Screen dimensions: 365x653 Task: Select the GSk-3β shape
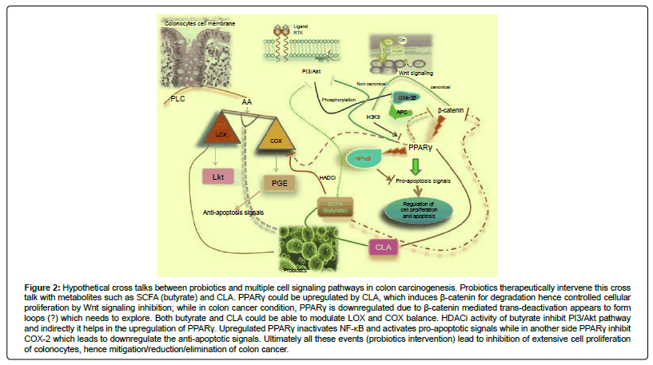(408, 99)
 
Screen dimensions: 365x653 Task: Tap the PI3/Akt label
(313, 73)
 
